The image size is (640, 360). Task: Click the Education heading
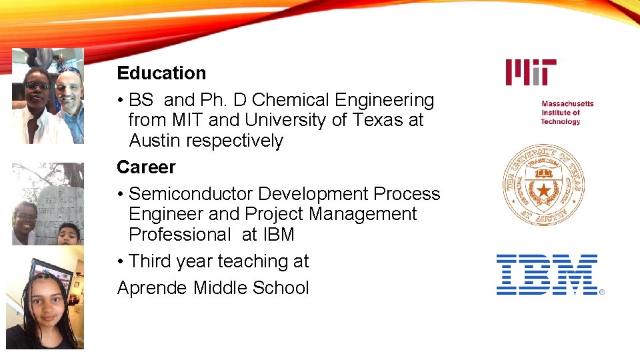161,73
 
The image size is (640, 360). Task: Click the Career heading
146,167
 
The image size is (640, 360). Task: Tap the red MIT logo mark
531,72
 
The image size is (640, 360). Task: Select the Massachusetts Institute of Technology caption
567,113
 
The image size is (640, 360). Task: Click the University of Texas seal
543,185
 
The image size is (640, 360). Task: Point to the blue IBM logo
547,275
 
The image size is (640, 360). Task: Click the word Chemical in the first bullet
291,101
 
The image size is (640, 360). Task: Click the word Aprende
153,288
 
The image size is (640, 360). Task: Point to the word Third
150,261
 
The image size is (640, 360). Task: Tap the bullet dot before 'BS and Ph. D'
120,101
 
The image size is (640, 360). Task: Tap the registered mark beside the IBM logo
602,292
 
